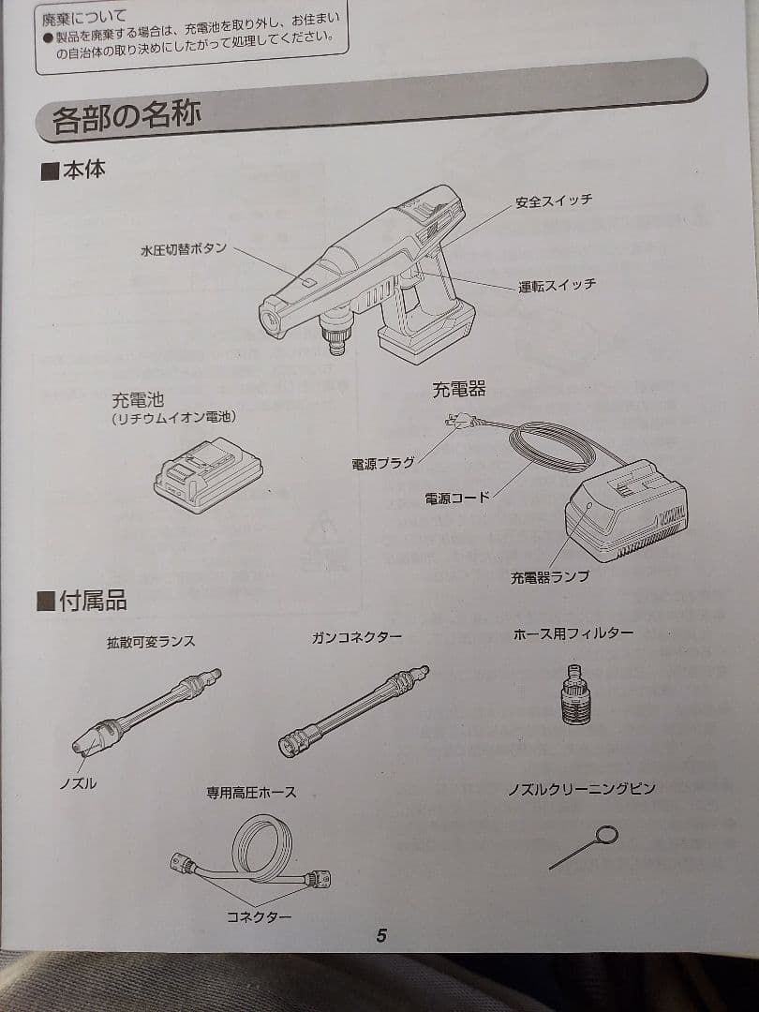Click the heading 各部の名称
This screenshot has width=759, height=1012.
[x=126, y=119]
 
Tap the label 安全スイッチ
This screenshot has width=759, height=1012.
[x=553, y=201]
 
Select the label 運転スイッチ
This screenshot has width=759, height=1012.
[x=557, y=285]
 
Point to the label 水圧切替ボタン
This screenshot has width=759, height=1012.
[x=184, y=250]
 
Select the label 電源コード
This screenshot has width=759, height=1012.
[x=456, y=499]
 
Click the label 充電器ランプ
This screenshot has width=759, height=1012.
[x=550, y=577]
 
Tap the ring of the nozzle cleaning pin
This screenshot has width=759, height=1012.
[x=607, y=834]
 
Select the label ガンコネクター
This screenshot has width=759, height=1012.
[x=357, y=637]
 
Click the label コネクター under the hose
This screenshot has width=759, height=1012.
[x=259, y=916]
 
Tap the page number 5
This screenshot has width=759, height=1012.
[x=381, y=935]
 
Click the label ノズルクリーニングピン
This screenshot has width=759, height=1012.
[x=581, y=789]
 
